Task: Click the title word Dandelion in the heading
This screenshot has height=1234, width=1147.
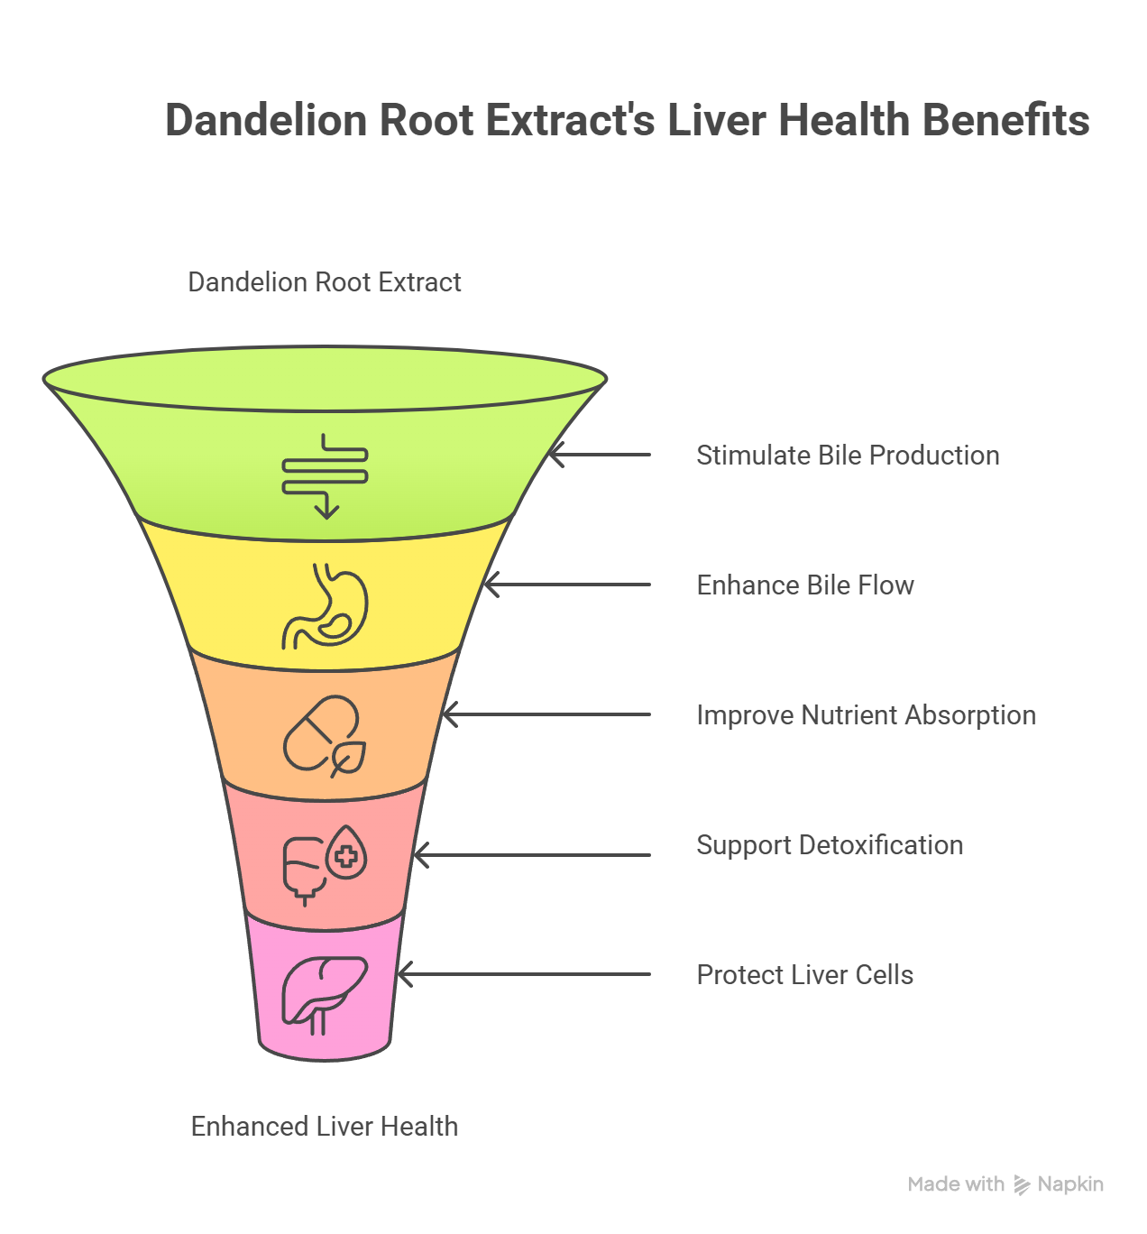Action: [267, 121]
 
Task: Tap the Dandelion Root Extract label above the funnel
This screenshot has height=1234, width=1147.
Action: [325, 282]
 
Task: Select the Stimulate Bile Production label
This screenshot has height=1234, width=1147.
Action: [848, 456]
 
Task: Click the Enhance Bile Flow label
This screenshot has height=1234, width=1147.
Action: [805, 585]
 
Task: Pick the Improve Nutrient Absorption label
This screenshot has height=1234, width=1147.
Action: [866, 715]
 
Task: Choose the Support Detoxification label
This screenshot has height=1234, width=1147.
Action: [830, 845]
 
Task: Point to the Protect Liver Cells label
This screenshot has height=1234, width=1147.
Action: [804, 975]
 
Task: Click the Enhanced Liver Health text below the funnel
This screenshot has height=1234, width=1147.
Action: [325, 1127]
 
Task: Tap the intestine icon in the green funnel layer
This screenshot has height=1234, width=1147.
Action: [325, 475]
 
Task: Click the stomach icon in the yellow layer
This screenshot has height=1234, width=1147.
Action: [326, 606]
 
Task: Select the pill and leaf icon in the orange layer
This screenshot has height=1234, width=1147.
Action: [326, 736]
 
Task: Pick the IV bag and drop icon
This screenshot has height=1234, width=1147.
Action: [326, 864]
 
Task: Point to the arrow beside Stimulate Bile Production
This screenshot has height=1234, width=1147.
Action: [600, 456]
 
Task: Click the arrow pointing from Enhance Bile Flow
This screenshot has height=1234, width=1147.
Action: [567, 585]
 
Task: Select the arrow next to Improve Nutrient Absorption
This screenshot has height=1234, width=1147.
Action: [546, 715]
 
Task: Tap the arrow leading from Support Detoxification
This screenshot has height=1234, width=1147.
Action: [532, 854]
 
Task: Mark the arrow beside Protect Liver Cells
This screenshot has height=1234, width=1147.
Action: [524, 975]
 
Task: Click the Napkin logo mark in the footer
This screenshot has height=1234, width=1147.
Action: [1022, 1184]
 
